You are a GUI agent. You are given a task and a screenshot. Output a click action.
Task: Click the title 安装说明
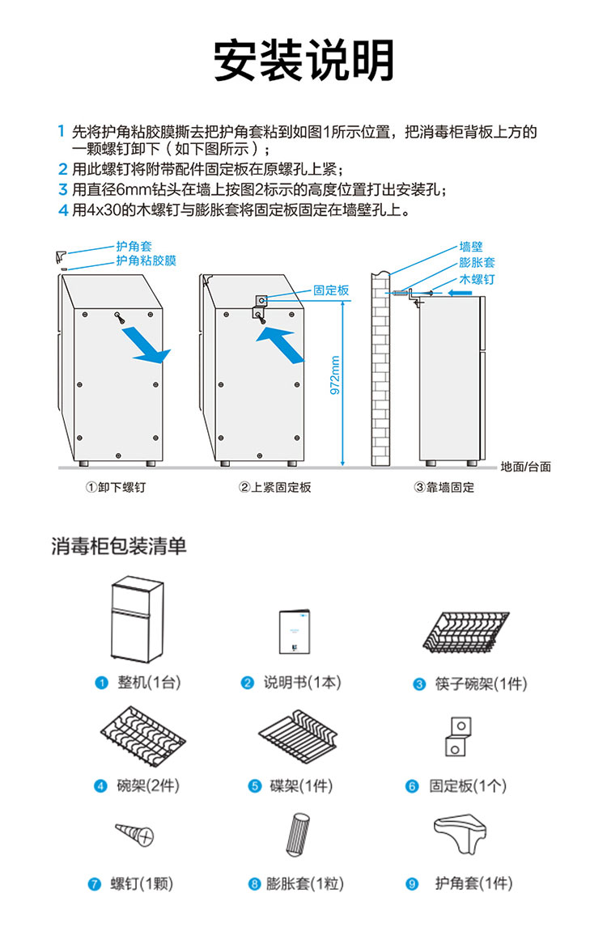click(x=303, y=60)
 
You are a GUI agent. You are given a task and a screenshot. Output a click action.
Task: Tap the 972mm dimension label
click(x=335, y=377)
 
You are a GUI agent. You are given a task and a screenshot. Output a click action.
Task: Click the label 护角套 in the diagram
click(x=134, y=246)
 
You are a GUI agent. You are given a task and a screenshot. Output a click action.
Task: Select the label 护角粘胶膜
click(x=146, y=260)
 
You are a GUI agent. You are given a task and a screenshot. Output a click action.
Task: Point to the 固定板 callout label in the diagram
click(x=331, y=290)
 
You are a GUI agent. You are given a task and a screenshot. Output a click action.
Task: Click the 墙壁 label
click(x=471, y=247)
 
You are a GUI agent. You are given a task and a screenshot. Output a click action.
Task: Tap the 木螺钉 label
click(x=477, y=278)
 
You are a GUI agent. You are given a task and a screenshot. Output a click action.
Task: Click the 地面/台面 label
click(x=525, y=467)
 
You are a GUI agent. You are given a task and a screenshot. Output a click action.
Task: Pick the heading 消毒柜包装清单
click(x=119, y=546)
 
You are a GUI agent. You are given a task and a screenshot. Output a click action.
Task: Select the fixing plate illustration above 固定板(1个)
click(x=457, y=735)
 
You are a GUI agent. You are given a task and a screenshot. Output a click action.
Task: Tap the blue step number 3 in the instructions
click(x=62, y=189)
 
